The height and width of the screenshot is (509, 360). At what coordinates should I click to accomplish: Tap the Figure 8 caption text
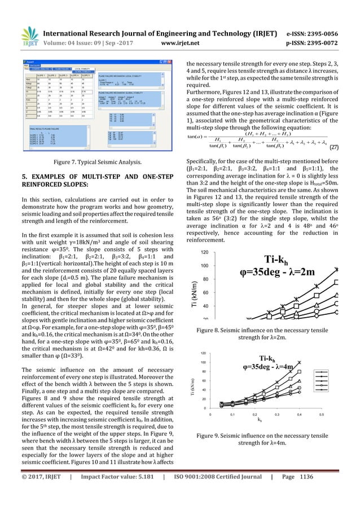266,332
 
